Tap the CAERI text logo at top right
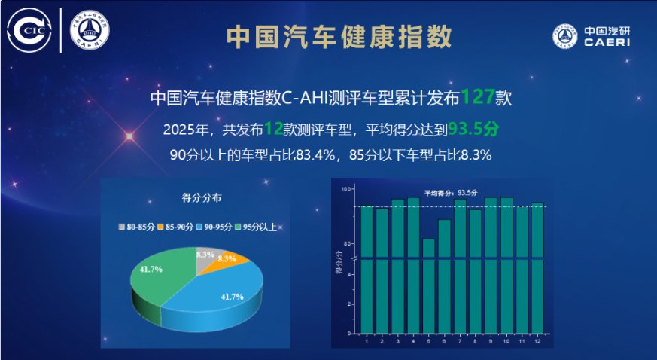coord(591,35)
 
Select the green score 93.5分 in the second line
coord(473,129)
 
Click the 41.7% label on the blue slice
coord(232,297)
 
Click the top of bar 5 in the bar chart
coord(428,240)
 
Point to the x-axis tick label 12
coord(537,342)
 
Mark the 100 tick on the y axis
coord(347,189)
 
